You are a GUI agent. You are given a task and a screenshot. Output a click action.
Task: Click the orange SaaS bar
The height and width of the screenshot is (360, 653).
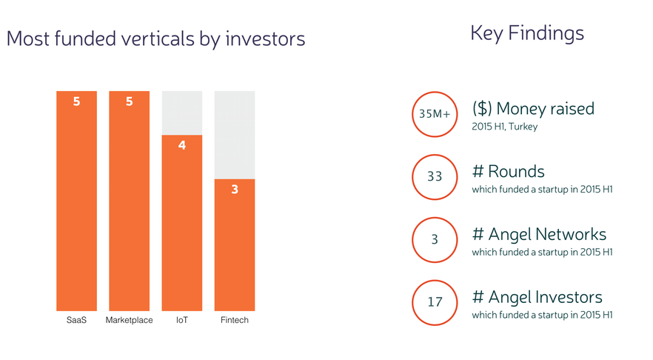[77, 201]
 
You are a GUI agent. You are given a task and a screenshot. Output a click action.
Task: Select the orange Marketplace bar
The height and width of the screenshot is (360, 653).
[129, 201]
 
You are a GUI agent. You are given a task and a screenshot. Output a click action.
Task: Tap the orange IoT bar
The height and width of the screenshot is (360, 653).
[182, 223]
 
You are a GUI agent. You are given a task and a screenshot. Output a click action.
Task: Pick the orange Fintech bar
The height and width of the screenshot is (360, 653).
[235, 245]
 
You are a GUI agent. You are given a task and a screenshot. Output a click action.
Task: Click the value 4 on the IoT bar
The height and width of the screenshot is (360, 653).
[182, 145]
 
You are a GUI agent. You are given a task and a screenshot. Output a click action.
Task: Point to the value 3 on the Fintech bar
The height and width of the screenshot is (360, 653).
[235, 189]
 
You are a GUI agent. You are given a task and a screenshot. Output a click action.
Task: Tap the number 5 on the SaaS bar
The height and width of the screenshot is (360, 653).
[77, 101]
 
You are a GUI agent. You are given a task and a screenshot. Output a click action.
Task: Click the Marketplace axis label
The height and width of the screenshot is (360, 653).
[129, 320]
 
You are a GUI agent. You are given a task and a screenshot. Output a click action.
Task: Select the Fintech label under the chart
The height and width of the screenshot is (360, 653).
[235, 320]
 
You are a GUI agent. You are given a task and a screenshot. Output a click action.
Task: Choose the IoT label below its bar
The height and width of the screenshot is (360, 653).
[182, 320]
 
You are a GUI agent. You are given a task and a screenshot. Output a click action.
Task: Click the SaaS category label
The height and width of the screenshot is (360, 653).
[77, 320]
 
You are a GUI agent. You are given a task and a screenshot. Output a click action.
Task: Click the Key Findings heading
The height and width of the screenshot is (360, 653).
[527, 33]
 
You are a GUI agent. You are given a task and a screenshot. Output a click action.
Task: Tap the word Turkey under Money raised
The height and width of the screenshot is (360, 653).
[523, 127]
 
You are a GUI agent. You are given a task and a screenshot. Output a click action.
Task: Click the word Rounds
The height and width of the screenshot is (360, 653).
[517, 171]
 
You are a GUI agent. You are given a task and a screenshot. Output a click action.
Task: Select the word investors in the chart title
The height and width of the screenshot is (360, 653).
[265, 39]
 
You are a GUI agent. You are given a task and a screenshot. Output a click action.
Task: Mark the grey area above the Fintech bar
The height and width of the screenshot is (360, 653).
[235, 135]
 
